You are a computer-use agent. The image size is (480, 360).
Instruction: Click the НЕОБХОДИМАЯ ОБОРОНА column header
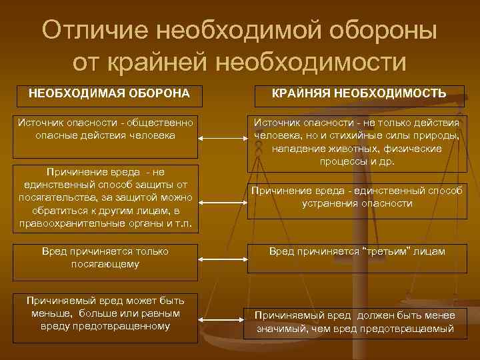[x=109, y=93]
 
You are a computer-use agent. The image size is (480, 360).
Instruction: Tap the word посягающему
[x=105, y=264]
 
